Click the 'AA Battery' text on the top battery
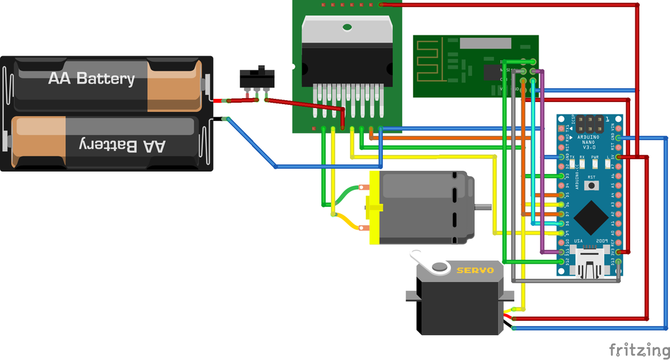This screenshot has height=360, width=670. click(x=91, y=79)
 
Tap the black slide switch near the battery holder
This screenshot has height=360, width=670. click(x=256, y=78)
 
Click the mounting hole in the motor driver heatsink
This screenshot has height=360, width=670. click(x=347, y=27)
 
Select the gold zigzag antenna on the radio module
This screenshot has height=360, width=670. click(x=432, y=58)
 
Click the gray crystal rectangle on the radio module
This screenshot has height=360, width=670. click(x=485, y=43)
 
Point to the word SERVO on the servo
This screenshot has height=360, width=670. click(x=475, y=270)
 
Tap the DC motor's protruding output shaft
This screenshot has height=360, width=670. click(x=483, y=207)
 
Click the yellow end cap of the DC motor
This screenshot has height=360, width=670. click(x=374, y=207)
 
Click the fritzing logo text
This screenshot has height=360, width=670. click(x=637, y=348)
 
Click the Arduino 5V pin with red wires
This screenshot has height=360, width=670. click(x=618, y=157)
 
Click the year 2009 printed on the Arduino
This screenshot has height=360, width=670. click(x=602, y=241)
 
